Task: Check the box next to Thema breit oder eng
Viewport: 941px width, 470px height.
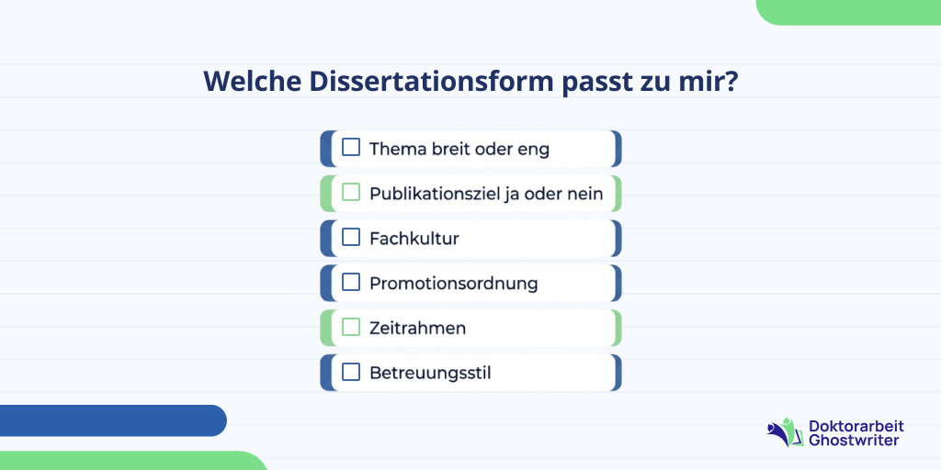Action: coord(351,148)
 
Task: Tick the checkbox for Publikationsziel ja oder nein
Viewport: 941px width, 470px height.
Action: coord(351,193)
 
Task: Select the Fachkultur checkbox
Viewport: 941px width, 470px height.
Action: coord(351,238)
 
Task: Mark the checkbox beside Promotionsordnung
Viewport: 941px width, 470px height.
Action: coord(351,283)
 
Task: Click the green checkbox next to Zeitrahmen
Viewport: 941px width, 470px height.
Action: coord(351,328)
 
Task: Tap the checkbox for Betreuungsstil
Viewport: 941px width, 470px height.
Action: coord(351,373)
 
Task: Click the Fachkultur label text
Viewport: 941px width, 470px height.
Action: coord(414,239)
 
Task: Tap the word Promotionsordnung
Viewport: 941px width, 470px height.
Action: coord(453,284)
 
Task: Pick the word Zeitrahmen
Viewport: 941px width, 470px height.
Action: coord(417,328)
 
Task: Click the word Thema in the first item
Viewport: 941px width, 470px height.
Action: coord(398,149)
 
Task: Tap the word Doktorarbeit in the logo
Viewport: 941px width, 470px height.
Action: coord(856,426)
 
